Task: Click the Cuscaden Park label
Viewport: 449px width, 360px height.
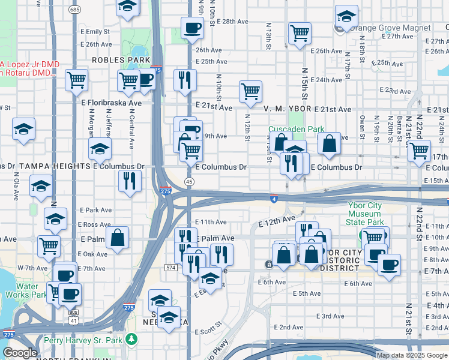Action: coord(296,129)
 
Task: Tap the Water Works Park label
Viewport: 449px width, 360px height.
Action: coord(23,291)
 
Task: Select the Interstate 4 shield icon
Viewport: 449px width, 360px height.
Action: coord(273,199)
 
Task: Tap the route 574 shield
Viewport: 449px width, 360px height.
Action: coord(171,267)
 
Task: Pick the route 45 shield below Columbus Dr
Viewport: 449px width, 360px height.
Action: coord(190,181)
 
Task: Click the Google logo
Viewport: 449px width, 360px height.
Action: coord(20,353)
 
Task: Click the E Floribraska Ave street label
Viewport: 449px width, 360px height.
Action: coord(111,103)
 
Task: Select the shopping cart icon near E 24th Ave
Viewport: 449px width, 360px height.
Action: coord(250,92)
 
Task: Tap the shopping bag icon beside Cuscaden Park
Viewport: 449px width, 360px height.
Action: coord(329,143)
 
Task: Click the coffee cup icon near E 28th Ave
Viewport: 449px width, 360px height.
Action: coord(192,27)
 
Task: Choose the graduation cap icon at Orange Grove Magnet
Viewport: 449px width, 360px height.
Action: coord(346,17)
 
